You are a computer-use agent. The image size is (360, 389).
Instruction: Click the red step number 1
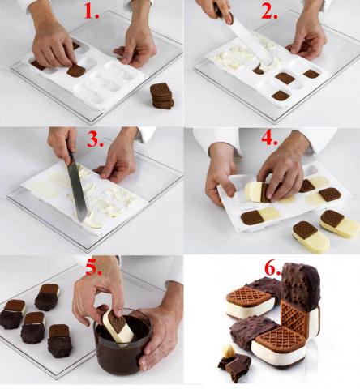coord(92,12)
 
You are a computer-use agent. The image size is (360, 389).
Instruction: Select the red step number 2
coord(269,12)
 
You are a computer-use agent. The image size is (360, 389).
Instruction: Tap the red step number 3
coord(95,139)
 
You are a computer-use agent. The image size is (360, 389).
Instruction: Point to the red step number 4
coord(269,139)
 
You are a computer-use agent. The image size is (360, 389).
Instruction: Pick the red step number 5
coord(94,268)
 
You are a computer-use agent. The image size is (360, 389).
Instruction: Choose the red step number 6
coord(272,268)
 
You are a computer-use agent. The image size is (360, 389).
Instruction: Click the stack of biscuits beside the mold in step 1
coord(162,96)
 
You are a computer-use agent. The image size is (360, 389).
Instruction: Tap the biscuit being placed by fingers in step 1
coord(76,71)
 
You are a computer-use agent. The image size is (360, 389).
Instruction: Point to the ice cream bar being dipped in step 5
coord(118,326)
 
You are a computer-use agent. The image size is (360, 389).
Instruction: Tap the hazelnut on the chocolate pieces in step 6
coord(228,350)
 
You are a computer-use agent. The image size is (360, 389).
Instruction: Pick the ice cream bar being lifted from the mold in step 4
coord(255,191)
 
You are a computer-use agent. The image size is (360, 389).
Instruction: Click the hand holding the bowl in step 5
coord(160,335)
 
